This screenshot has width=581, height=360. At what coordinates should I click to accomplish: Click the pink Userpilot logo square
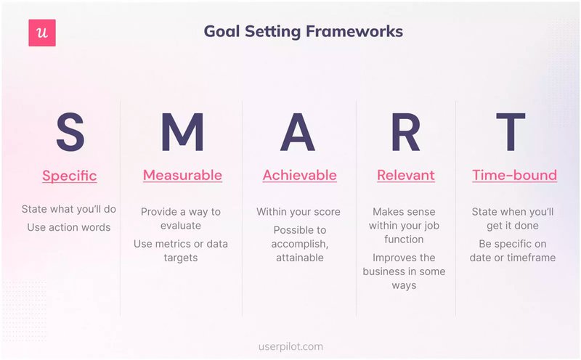click(x=42, y=33)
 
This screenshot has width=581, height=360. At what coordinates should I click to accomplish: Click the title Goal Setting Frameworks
click(x=303, y=31)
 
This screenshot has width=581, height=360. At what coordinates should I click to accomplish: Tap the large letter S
click(x=70, y=132)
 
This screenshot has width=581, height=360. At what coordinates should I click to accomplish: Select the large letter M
click(x=182, y=132)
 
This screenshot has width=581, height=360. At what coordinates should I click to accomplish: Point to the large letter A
click(x=299, y=132)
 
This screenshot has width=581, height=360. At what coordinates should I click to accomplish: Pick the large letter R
click(x=406, y=132)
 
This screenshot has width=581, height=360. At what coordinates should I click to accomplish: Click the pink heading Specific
click(x=69, y=176)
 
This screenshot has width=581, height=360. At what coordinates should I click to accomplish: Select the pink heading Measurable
click(x=182, y=175)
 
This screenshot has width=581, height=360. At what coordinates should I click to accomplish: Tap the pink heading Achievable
click(x=299, y=175)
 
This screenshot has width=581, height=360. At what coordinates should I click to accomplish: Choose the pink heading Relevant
click(x=405, y=175)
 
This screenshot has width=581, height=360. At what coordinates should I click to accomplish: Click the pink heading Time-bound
click(x=514, y=175)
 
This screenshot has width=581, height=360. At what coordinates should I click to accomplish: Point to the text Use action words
click(x=69, y=227)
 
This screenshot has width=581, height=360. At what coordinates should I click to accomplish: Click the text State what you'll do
click(x=69, y=210)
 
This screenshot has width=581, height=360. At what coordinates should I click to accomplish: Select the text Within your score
click(x=298, y=212)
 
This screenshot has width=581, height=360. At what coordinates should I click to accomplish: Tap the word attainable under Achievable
click(x=298, y=258)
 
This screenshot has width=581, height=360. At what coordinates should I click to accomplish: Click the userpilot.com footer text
click(x=290, y=347)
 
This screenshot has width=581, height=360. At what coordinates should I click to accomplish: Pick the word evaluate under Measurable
click(x=181, y=226)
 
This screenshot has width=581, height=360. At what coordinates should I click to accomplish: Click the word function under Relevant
click(x=404, y=240)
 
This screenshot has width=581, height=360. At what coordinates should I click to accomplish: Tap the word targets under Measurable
click(x=181, y=258)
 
